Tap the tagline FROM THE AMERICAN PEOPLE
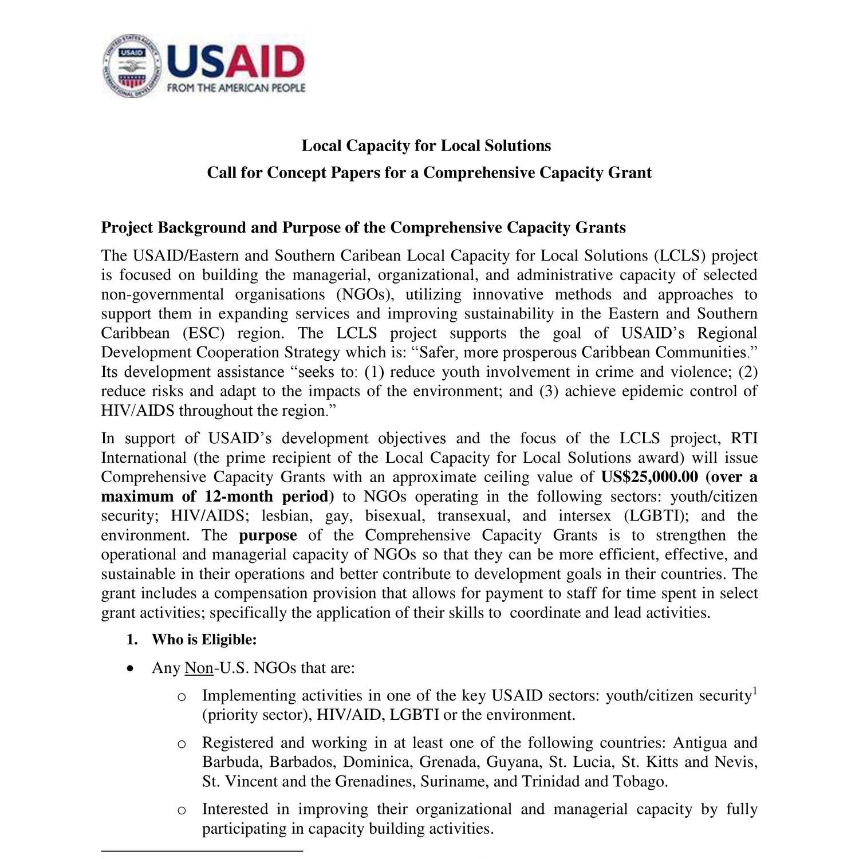click(236, 88)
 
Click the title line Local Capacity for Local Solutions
click(426, 146)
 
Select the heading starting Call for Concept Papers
click(429, 173)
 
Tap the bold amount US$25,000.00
click(650, 477)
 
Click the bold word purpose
click(267, 535)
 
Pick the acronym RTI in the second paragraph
click(744, 439)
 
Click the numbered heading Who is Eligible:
click(204, 640)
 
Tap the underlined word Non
click(199, 668)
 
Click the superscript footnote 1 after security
click(755, 690)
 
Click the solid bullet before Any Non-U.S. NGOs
click(132, 668)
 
